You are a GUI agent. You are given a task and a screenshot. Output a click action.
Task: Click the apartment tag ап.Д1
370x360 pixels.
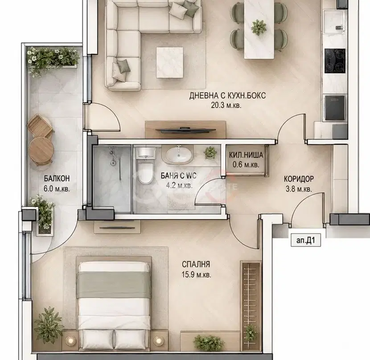click(x=305, y=241)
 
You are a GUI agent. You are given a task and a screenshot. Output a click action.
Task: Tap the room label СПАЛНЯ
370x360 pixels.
click(x=196, y=264)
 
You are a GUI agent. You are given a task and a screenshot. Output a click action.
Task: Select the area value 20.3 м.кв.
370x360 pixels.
click(x=226, y=105)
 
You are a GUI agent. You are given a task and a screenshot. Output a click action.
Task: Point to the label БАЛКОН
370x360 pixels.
click(x=57, y=178)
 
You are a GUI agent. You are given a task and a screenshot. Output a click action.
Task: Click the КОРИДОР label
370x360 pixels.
click(x=299, y=179)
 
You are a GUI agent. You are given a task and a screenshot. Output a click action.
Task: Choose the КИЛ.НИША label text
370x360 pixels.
click(x=246, y=155)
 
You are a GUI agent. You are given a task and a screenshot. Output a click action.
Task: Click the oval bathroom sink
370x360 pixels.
click(x=179, y=155)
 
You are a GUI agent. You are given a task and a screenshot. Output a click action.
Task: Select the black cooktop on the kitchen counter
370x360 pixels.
click(x=335, y=61)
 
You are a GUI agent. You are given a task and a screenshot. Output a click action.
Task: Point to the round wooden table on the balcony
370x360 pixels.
click(x=41, y=150)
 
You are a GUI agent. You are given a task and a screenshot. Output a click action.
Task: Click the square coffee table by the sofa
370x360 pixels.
click(x=170, y=62)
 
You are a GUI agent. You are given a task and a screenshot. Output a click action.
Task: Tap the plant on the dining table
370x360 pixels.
click(x=259, y=27)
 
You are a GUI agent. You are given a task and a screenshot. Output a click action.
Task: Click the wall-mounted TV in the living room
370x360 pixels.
click(x=185, y=129)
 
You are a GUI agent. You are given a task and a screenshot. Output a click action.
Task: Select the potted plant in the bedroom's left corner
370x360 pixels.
click(x=49, y=325)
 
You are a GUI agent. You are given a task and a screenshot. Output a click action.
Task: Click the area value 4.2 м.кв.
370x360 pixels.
click(x=179, y=186)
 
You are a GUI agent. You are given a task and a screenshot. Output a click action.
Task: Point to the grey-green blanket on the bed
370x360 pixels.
click(x=114, y=285)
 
